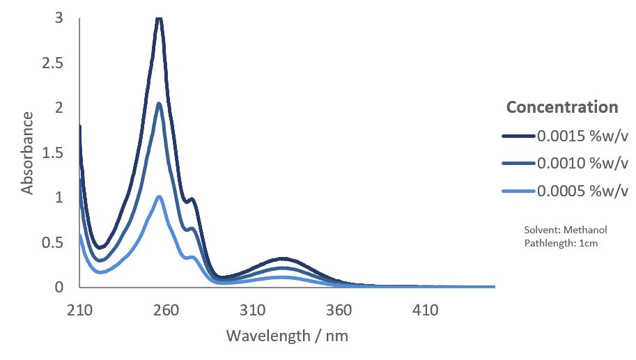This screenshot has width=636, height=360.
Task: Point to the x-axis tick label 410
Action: [425, 310]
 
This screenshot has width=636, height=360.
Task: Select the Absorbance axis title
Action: [28, 152]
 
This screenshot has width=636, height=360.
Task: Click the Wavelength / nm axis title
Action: [287, 336]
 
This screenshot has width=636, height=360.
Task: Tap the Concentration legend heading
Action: [562, 107]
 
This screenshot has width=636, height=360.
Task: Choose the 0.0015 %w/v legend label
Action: [582, 136]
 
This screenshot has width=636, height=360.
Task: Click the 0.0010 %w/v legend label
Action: [582, 164]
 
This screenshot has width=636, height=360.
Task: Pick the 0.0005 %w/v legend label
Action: [582, 191]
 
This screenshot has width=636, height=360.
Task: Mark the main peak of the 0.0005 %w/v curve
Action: [160, 197]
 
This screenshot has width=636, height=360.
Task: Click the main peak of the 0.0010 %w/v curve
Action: [160, 104]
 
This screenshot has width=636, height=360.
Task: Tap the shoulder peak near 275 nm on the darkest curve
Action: [192, 200]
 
